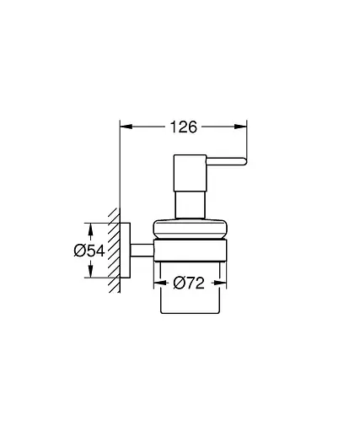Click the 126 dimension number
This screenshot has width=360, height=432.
(182, 127)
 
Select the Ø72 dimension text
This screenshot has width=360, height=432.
(190, 285)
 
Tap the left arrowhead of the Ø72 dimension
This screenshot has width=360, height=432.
(158, 285)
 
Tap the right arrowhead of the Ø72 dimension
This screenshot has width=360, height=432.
(221, 285)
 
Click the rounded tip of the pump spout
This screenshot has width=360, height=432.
(243, 163)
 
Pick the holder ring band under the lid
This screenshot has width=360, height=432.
(189, 250)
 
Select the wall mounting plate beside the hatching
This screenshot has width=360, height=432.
(126, 251)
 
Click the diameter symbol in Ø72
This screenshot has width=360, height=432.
(178, 285)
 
